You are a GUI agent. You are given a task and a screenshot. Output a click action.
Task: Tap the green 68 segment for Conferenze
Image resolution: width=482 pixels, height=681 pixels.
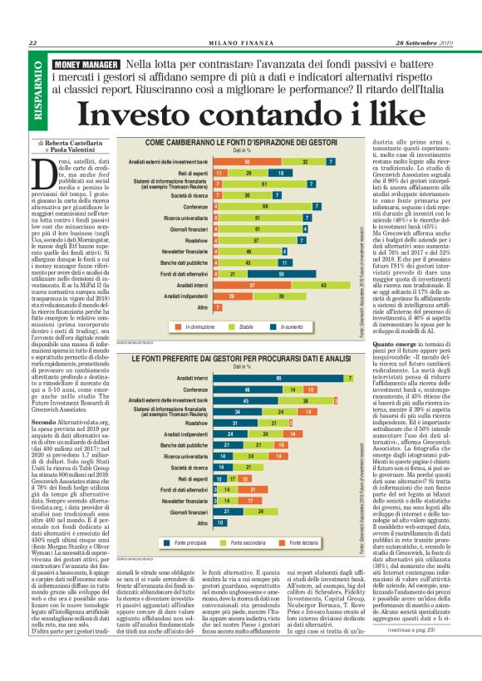(x=265, y=206)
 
